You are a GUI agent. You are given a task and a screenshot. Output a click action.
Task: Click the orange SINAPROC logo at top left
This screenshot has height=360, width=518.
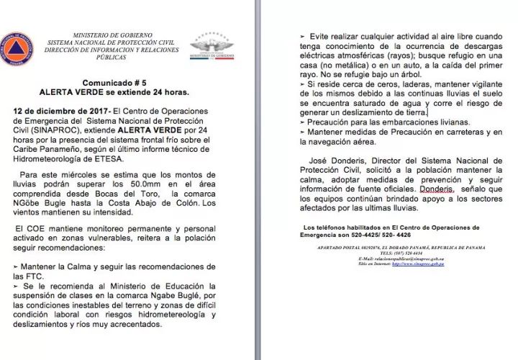(x=17, y=48)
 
